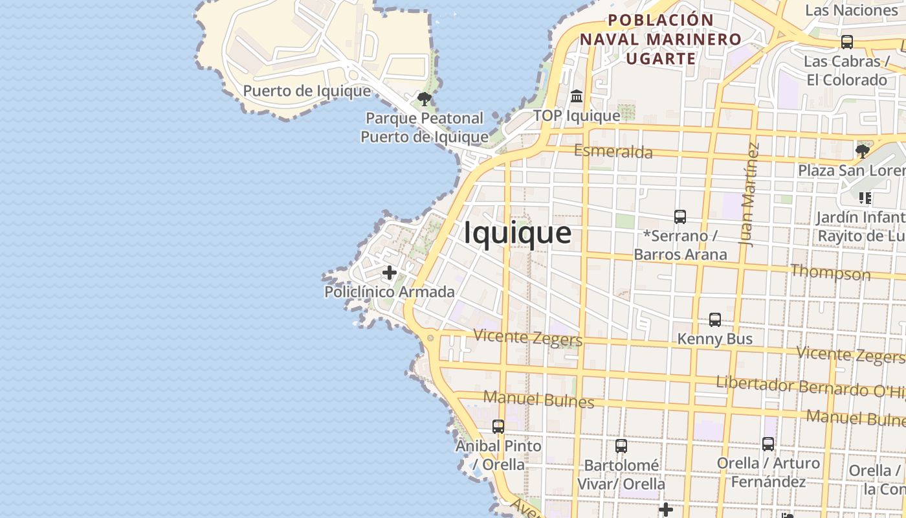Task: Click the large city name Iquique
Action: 518,234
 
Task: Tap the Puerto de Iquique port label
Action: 307,91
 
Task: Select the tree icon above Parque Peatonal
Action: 425,99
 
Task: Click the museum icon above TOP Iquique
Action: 577,96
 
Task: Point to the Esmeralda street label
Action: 613,152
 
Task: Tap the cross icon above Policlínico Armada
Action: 389,273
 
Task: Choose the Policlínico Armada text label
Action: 389,292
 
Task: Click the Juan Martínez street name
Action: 749,194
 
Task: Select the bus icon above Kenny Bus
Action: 714,319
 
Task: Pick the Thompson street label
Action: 830,272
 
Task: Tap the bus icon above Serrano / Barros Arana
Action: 679,217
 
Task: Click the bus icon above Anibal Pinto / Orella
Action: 498,427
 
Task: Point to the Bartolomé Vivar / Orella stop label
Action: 621,475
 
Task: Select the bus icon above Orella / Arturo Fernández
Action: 768,444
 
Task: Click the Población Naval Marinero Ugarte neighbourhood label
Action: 660,39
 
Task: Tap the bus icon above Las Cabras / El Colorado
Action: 846,42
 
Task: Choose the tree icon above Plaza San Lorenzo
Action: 862,152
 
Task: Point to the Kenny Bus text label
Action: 714,339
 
